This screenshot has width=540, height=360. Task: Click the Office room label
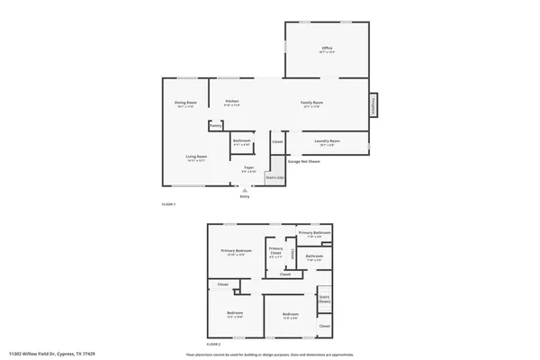tap(328, 49)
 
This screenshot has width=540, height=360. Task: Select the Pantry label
tap(216, 126)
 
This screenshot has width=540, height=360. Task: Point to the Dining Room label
tap(186, 103)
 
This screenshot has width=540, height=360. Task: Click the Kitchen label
tap(232, 102)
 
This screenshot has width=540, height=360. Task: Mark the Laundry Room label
tap(326, 141)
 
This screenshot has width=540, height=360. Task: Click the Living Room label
tap(197, 157)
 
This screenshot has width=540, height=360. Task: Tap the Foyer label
tap(248, 168)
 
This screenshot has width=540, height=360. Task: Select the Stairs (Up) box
tap(274, 177)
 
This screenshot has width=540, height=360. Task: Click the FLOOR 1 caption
tap(168, 205)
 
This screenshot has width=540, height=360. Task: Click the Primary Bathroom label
tap(315, 234)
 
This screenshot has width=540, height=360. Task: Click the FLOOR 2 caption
tap(213, 345)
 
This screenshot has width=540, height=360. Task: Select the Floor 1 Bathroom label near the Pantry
tap(241, 140)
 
